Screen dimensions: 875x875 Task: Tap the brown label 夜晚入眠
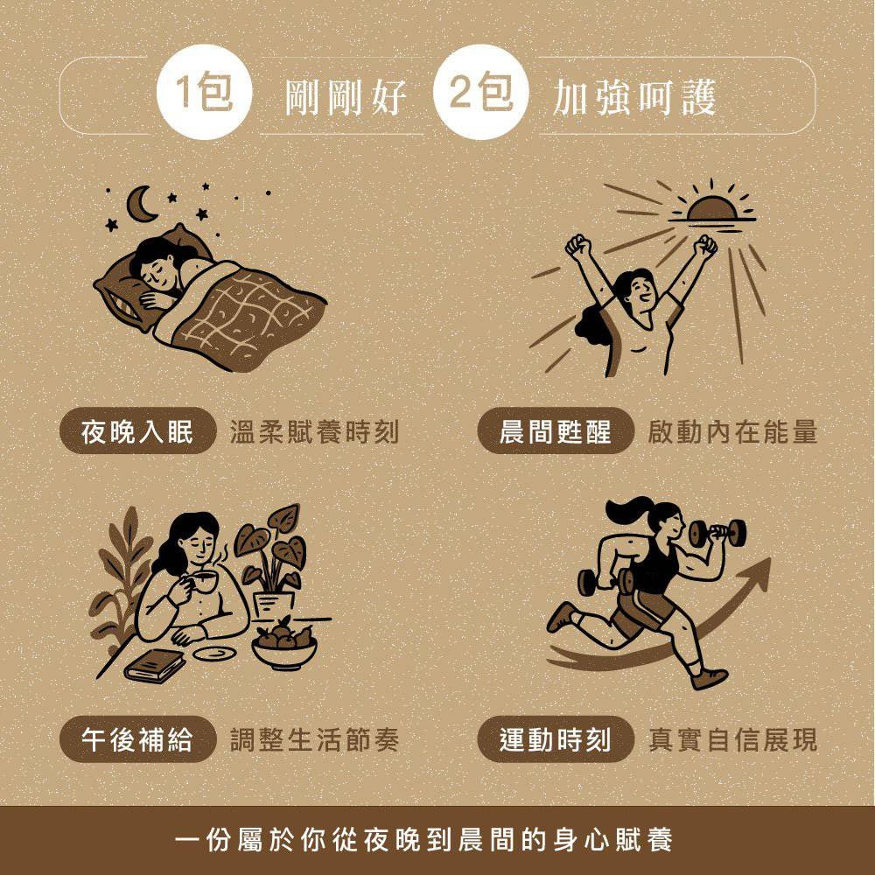pos(137,432)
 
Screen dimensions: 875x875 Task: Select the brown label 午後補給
pos(137,740)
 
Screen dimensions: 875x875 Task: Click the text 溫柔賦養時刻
pos(314,432)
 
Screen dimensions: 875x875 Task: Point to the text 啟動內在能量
pos(733,432)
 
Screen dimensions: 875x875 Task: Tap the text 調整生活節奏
pos(314,740)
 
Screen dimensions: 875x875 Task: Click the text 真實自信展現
pos(733,740)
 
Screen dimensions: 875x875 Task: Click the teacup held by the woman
pos(202,584)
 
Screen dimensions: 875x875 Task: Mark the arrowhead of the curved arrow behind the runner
pos(758,571)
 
